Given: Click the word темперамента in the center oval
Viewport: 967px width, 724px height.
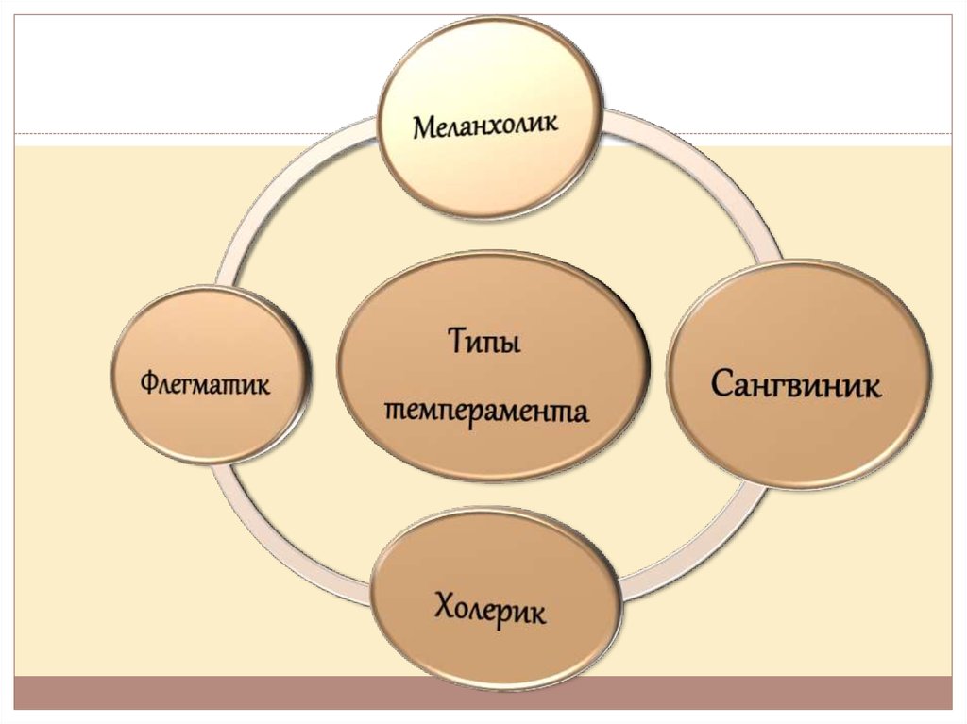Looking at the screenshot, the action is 485,411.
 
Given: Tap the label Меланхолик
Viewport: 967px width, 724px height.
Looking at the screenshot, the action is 486,125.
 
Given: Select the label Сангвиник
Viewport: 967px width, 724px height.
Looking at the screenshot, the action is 796,384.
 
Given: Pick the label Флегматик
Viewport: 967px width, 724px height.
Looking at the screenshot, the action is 205,384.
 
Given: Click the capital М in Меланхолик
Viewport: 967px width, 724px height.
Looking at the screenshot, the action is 425,127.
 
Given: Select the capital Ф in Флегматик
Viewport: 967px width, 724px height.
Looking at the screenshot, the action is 149,384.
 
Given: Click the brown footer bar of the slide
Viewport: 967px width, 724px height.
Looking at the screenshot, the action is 483,693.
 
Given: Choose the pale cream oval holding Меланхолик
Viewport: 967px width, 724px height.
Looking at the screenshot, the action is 490,118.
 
